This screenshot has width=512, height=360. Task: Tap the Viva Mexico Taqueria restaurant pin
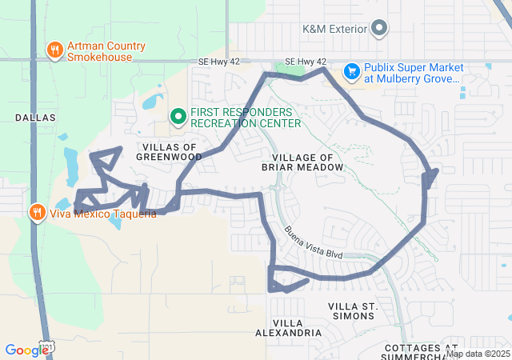point(36,212)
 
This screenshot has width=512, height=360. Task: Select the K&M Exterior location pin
point(380,30)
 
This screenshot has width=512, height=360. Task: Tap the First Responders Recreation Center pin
point(178,118)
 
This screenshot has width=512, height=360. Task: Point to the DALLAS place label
point(35,118)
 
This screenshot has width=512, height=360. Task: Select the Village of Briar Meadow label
point(307,162)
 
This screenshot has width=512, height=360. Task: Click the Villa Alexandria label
point(288,326)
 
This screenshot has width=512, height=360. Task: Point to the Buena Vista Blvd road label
point(313,242)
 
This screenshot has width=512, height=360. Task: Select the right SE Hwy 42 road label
point(306,62)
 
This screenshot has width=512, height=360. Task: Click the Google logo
point(26,350)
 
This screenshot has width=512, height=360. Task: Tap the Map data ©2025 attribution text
point(478,354)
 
